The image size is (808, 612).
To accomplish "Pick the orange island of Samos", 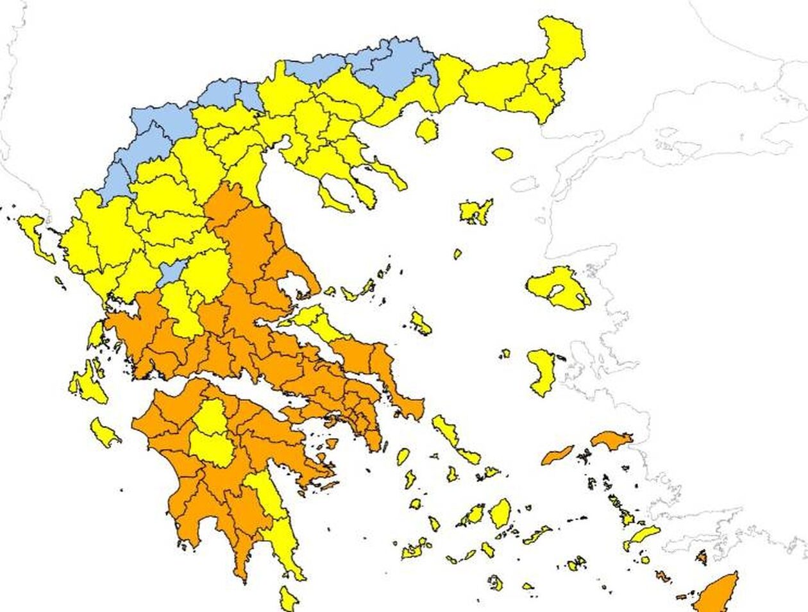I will (611, 439).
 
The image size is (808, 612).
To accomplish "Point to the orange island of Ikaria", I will (557, 455).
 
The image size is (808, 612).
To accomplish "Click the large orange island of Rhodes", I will (717, 593).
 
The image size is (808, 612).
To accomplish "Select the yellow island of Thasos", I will (426, 130).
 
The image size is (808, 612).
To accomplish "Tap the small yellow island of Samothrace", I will (503, 154).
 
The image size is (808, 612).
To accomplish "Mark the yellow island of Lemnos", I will (475, 211).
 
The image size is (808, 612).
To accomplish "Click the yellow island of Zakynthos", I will (104, 433).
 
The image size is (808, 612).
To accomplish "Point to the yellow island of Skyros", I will (421, 323).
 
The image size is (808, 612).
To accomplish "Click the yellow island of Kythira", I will (289, 599).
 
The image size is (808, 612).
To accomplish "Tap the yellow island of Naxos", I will (500, 513).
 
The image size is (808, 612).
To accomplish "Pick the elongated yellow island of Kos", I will (642, 536).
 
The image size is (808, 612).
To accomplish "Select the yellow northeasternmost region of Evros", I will (562, 42).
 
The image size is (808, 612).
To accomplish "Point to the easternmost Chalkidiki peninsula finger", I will (391, 174).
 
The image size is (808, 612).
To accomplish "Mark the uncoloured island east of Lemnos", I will (525, 185).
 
